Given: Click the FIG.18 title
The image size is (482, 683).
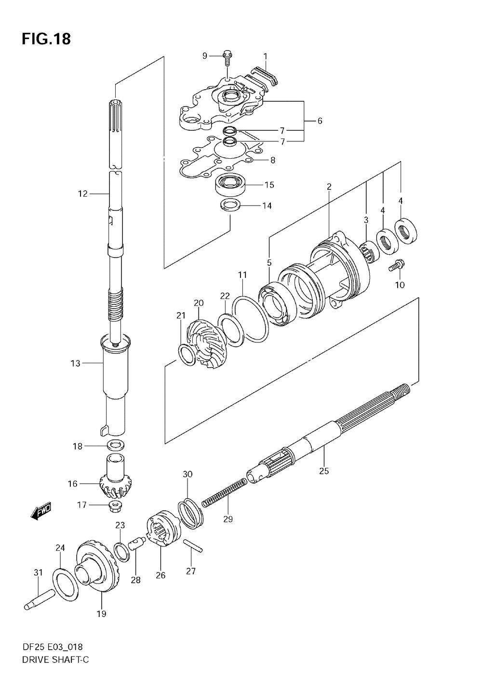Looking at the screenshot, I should point(46,39).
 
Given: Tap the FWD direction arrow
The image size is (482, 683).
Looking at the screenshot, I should point(41,511).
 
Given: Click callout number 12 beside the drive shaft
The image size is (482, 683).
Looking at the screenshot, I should point(83,194).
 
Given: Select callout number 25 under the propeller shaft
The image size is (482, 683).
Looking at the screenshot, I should point(323,471).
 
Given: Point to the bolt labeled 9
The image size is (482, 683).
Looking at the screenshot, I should point(228,57).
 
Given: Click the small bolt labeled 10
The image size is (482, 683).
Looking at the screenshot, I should point(398,264).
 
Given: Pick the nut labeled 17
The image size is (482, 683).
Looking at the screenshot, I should point(116,506).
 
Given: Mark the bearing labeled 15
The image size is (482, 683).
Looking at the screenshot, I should point(231,185).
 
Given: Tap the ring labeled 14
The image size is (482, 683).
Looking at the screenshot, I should point(230,205).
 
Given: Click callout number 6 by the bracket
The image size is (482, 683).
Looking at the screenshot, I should point(320,121).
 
